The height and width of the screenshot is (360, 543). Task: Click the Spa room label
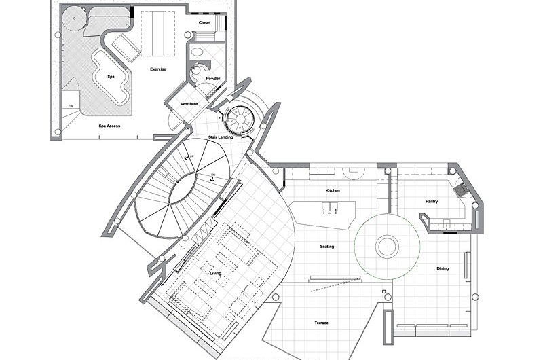pos(111,77)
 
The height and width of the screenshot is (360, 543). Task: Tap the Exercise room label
pos(158,69)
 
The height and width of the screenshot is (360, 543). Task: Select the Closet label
pos(204,22)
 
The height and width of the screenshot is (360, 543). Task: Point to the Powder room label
pos(213,79)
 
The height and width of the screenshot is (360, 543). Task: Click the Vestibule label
pos(189,104)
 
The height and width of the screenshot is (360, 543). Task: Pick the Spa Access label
pos(109,126)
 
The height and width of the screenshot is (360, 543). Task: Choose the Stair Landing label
pos(221,137)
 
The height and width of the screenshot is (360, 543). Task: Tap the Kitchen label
pos(332,190)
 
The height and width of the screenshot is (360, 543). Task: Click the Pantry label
pos(432,201)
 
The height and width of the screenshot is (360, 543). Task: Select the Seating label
pos(327,246)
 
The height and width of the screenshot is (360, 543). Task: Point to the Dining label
pos(442,268)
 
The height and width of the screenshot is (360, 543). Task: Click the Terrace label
pos(322,322)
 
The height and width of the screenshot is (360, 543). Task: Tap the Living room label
pos(215,273)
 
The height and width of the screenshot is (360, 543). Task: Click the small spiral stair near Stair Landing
pos(240,121)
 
